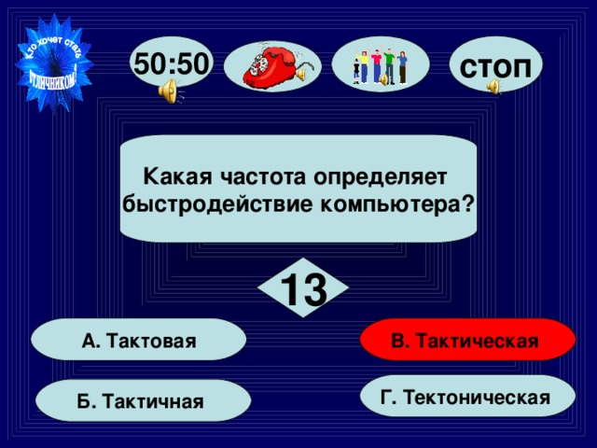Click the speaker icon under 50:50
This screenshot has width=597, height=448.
tap(169, 91)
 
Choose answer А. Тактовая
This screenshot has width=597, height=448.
tap(139, 341)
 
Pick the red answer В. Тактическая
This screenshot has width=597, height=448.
tap(465, 341)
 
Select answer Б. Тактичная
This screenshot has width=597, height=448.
tap(144, 401)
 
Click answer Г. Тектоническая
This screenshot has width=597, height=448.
tap(465, 397)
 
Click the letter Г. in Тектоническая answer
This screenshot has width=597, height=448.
tap(389, 398)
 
